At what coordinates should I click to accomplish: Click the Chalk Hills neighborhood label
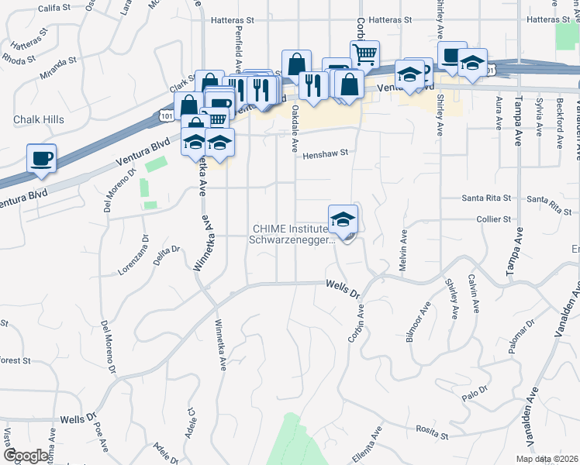pyautogui.click(x=38, y=119)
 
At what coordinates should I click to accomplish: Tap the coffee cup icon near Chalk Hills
pyautogui.click(x=42, y=158)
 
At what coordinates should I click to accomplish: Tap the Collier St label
pyautogui.click(x=493, y=219)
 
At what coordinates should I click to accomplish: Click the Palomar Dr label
pyautogui.click(x=519, y=338)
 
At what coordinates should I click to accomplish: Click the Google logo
pyautogui.click(x=26, y=456)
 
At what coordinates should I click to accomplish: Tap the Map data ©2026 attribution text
pyautogui.click(x=546, y=459)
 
